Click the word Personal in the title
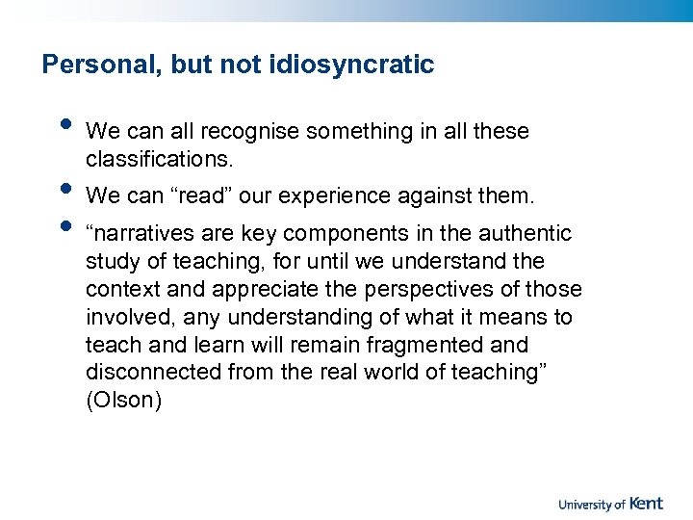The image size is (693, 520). (91, 65)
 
